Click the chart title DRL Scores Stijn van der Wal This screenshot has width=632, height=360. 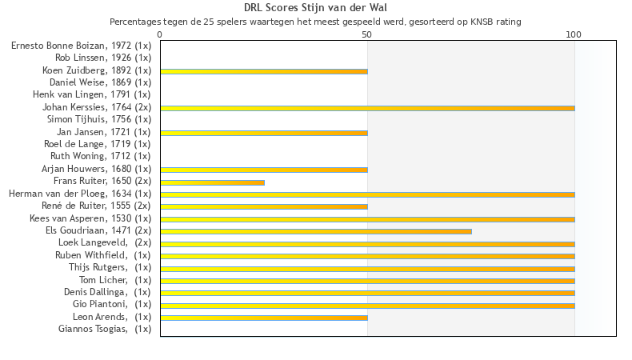coord(315,8)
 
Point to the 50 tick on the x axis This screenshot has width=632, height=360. coord(367,34)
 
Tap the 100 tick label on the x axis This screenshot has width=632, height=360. coord(574,34)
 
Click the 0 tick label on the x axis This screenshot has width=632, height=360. coord(160,34)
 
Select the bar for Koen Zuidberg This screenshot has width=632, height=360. coord(264,71)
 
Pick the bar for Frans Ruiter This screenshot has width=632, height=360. coord(212,182)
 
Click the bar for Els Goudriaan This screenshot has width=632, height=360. coord(316,231)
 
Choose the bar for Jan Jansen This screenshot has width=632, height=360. coord(264,133)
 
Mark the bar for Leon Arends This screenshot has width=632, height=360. coord(264,318)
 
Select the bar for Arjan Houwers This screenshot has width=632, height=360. coord(264,170)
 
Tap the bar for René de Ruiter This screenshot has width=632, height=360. coord(264,206)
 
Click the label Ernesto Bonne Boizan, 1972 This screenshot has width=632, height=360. coord(81,46)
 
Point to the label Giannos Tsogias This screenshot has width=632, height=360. coord(105,329)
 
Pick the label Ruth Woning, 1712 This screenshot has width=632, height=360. coord(101,156)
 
